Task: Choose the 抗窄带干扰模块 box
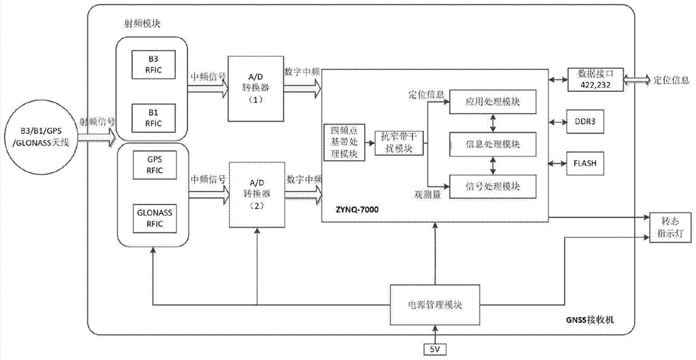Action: pyautogui.click(x=399, y=142)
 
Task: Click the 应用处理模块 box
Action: pyautogui.click(x=493, y=102)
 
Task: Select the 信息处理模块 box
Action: pyautogui.click(x=493, y=144)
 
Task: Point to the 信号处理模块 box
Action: pyautogui.click(x=493, y=186)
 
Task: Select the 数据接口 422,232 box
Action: pyautogui.click(x=596, y=79)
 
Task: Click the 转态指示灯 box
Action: pyautogui.click(x=669, y=227)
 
